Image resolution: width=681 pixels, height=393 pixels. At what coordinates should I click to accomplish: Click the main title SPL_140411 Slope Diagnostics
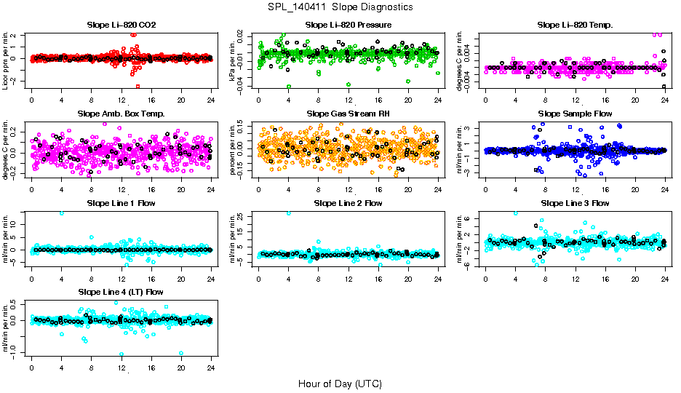click(x=340, y=7)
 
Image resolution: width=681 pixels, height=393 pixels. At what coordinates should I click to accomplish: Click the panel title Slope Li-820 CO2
click(x=121, y=25)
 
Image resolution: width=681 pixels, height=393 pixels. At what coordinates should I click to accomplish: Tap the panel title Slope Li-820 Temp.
click(x=575, y=25)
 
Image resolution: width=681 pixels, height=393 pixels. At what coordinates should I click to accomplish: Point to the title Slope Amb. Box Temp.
click(x=121, y=114)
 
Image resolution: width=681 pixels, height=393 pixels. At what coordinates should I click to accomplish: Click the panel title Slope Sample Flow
click(x=575, y=114)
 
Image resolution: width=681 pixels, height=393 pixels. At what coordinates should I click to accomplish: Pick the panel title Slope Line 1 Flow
click(x=121, y=203)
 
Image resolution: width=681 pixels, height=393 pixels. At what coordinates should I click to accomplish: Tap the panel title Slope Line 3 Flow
click(x=575, y=203)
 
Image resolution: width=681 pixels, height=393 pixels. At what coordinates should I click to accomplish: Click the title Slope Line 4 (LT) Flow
click(x=121, y=292)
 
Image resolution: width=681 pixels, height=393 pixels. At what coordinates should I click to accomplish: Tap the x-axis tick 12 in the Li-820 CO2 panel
click(x=122, y=100)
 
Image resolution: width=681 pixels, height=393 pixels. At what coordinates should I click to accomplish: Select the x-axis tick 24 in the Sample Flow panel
click(x=665, y=188)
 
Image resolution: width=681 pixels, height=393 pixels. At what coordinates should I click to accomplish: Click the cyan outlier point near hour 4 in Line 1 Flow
click(x=61, y=213)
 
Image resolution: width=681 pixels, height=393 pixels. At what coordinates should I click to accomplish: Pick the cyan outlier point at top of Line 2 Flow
click(x=289, y=213)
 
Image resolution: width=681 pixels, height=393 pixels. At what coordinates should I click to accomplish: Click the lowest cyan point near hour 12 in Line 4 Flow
click(x=122, y=354)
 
